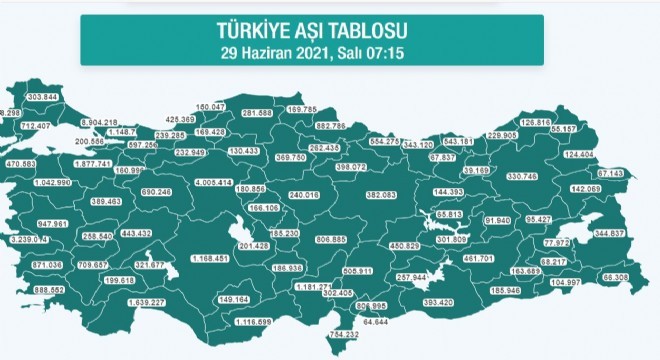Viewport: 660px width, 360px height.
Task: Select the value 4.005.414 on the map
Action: coord(213,183)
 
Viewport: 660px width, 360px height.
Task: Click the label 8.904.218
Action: coord(98,121)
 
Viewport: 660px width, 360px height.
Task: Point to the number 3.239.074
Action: coord(27,240)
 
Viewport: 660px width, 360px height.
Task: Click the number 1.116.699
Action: coord(250,323)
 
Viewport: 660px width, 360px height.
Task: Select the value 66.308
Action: coord(615,277)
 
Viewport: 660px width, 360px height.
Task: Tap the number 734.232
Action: coord(345,333)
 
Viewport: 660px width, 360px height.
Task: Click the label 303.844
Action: coord(43,96)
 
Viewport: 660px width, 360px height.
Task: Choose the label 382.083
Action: coord(382,194)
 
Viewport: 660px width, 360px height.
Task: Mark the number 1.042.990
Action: coord(50,184)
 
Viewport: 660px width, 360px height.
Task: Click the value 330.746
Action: coord(524,176)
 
